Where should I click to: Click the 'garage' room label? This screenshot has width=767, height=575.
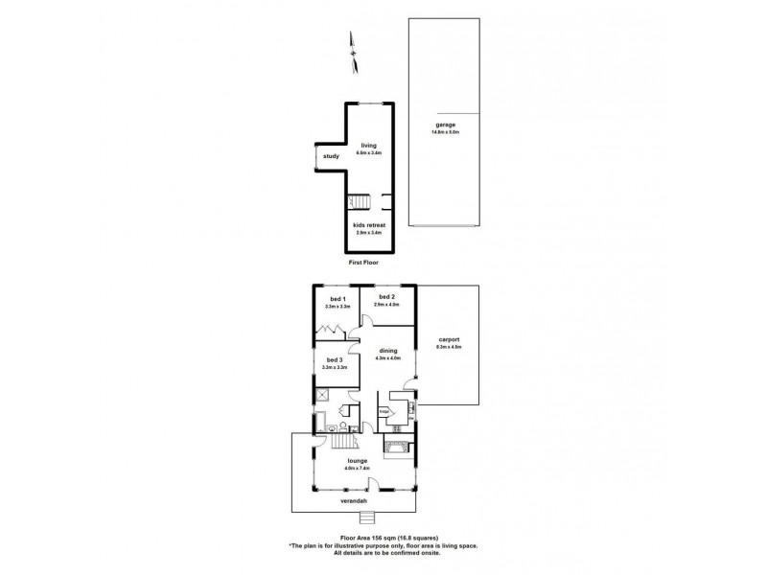(443, 125)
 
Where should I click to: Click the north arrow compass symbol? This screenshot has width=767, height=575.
(352, 45)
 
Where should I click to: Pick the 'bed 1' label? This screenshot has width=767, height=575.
(337, 300)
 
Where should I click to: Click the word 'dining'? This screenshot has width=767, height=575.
(387, 351)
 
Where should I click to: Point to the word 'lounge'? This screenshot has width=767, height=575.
(358, 460)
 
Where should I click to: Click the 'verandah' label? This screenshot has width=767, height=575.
(356, 500)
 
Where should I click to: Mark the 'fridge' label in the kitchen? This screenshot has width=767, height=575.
(383, 411)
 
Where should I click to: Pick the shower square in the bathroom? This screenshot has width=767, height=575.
(325, 393)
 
